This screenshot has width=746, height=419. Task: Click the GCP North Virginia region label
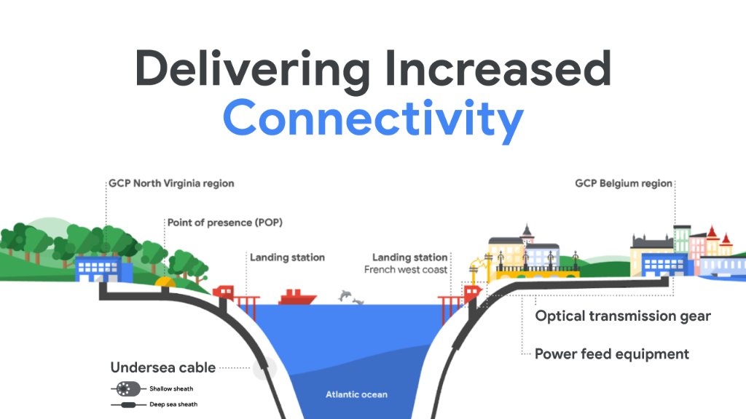[171, 184]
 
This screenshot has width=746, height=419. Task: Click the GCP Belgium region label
[624, 184]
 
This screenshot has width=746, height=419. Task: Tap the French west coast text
[406, 270]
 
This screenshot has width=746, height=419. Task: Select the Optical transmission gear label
[623, 316]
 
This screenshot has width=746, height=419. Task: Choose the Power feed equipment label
[612, 354]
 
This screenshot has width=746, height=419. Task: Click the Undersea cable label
[163, 367]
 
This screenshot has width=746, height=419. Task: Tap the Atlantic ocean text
[356, 395]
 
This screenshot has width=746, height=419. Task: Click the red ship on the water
[297, 297]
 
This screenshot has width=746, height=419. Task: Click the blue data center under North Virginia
[103, 269]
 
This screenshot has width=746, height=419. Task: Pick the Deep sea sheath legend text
[173, 404]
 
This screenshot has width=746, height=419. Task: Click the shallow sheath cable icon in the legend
[126, 388]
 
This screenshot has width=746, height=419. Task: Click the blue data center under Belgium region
[663, 265]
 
